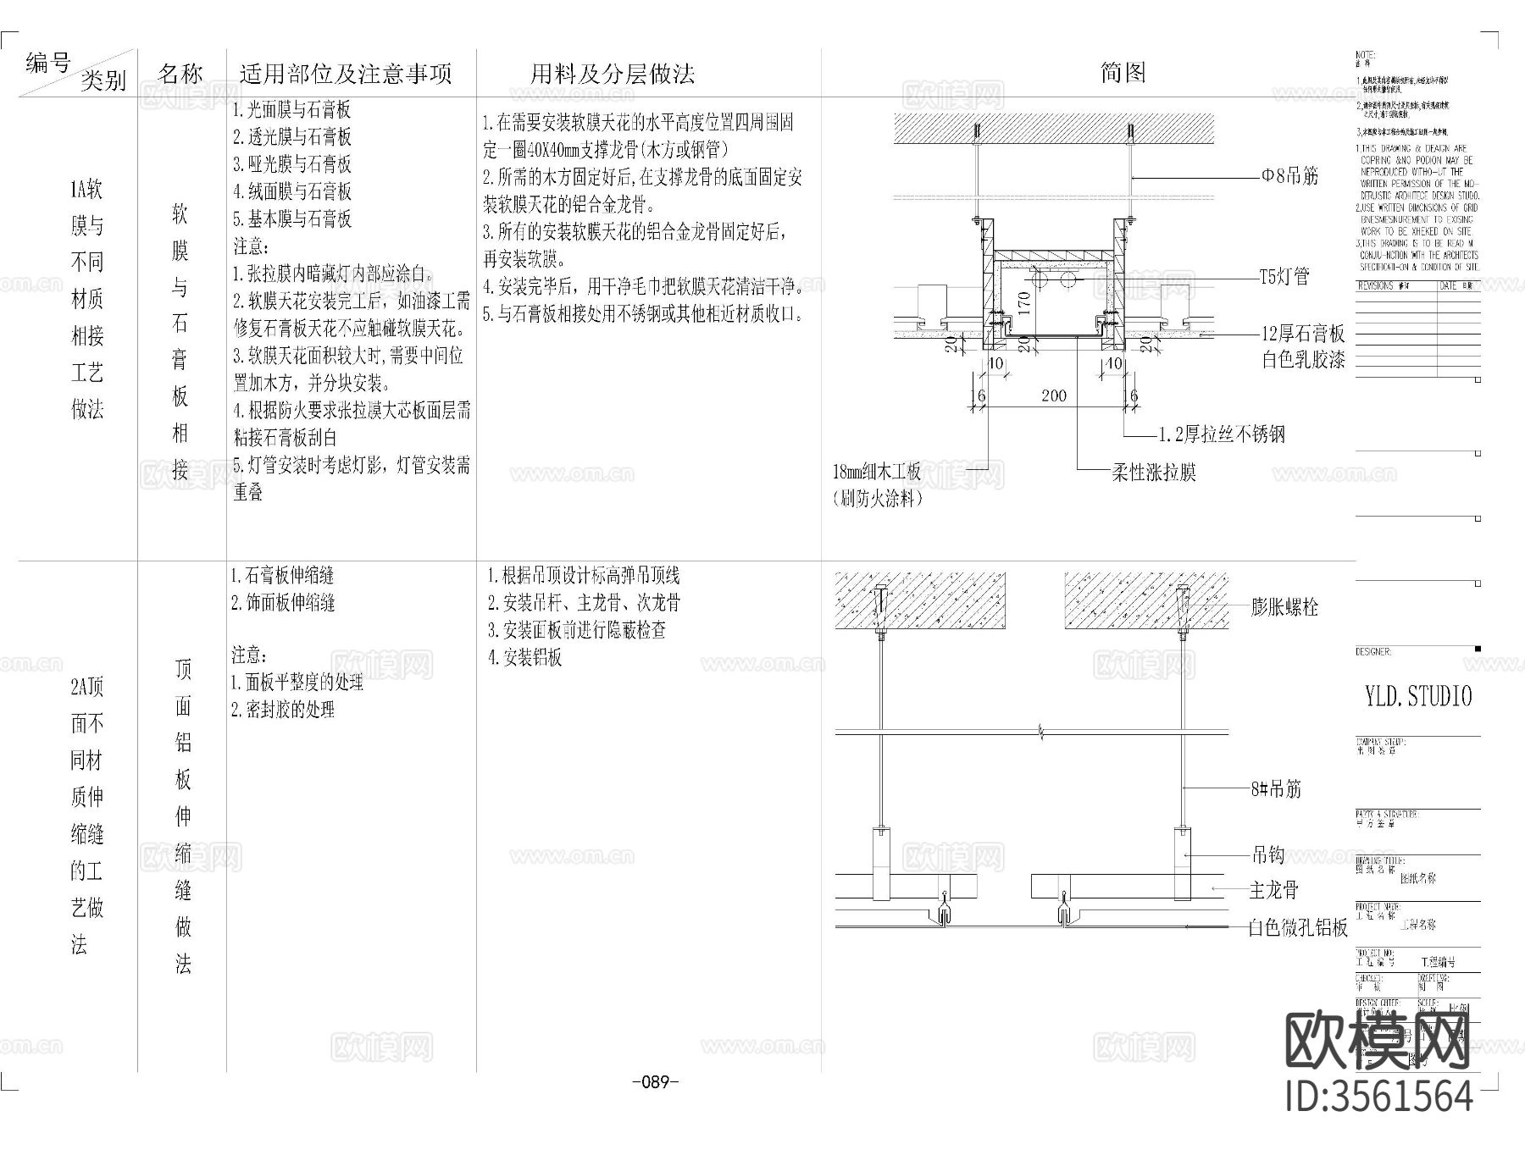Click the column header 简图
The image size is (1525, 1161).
(x=1123, y=73)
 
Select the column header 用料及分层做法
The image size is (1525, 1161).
(x=613, y=75)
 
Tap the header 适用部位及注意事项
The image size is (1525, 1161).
(x=346, y=75)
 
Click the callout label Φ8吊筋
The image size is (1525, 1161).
(x=1289, y=176)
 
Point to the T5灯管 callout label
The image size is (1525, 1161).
(x=1284, y=276)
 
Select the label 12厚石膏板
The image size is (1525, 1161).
(x=1303, y=334)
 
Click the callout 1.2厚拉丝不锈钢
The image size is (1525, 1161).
(x=1222, y=434)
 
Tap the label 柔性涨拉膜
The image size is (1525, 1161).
(x=1153, y=473)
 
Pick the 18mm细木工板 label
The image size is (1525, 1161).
(x=876, y=472)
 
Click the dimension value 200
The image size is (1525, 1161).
(x=1054, y=396)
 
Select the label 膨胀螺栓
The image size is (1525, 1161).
(x=1284, y=607)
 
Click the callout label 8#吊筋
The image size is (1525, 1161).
(x=1275, y=789)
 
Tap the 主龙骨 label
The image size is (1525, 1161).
(x=1273, y=890)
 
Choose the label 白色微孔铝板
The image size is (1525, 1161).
(x=1298, y=928)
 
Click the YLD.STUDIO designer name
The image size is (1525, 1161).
(x=1418, y=697)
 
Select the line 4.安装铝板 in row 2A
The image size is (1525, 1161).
(x=524, y=658)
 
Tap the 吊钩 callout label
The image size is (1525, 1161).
(x=1267, y=855)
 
